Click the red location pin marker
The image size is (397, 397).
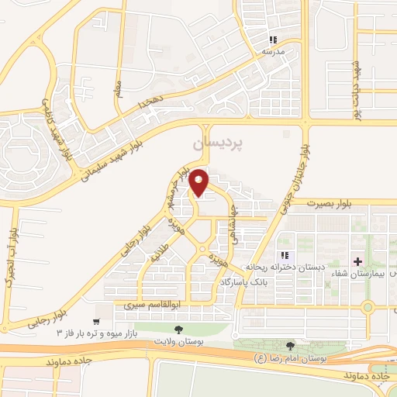point(199,182)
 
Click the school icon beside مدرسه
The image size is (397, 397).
point(272,40)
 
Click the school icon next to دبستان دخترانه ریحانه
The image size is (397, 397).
point(285,255)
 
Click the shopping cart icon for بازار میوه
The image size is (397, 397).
point(96,321)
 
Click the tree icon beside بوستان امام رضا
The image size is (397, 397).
point(291,346)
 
